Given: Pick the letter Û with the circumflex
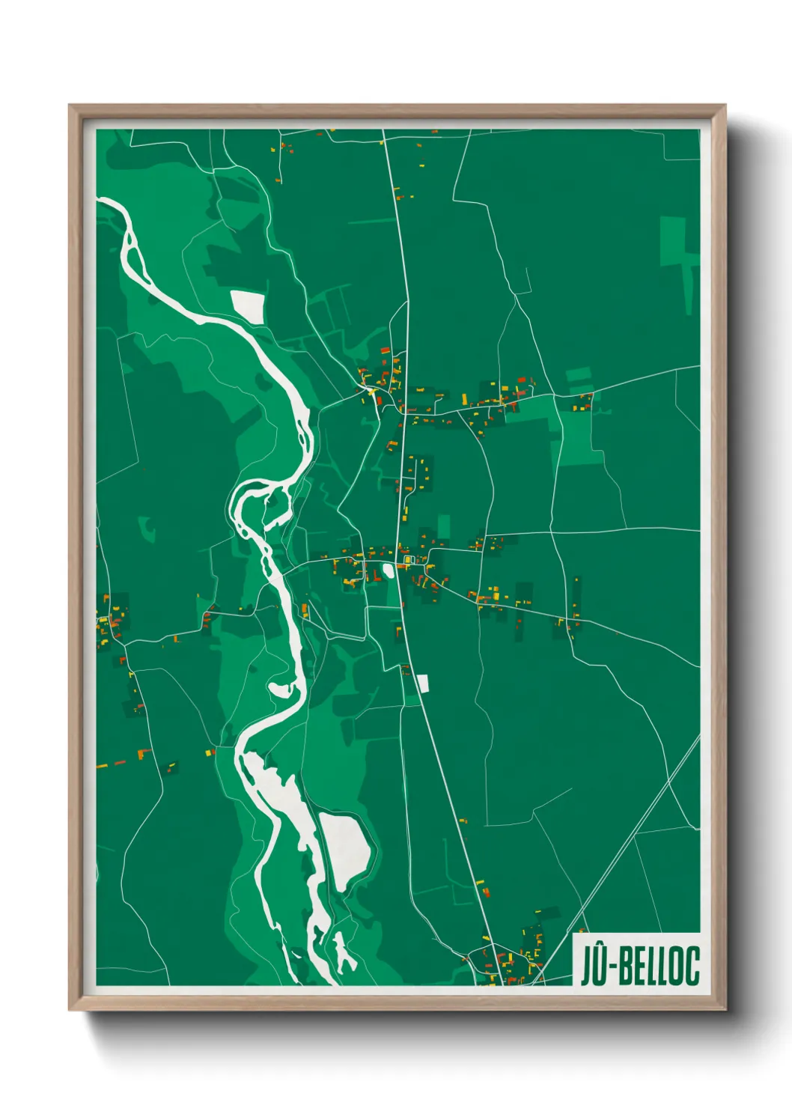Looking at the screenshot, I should [598, 966].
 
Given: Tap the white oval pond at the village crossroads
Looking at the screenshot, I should [388, 571].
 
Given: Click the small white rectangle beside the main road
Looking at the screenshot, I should [422, 683].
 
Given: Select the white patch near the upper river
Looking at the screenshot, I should [248, 306].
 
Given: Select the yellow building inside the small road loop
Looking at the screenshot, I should [409, 559].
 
